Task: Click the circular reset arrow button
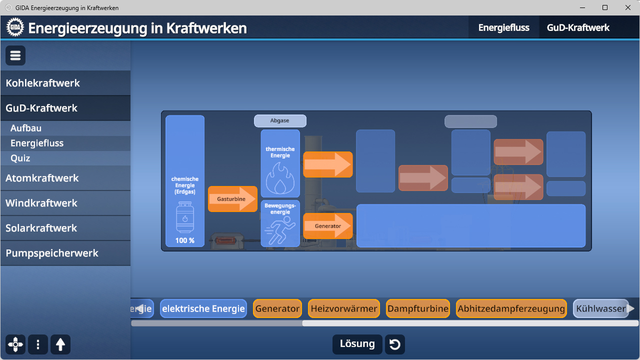395,344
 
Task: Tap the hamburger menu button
15,55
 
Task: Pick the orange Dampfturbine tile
418,309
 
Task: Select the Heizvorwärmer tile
344,309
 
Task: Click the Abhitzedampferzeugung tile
511,309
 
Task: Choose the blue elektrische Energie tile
203,309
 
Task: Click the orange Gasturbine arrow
232,199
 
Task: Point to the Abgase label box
280,121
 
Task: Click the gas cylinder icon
185,217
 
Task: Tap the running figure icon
280,230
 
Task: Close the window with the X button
628,7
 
